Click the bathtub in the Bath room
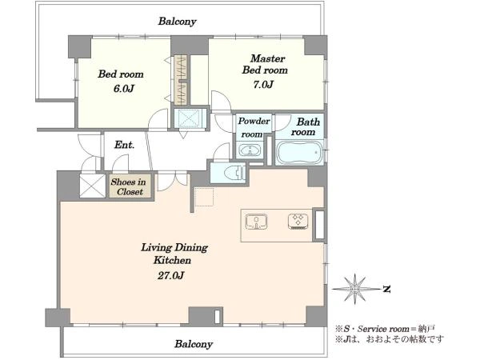299,153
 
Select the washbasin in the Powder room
250,150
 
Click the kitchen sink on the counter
256,222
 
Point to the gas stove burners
298,222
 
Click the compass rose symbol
355,289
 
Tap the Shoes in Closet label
129,186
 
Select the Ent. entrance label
124,145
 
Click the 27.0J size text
171,276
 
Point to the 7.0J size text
263,85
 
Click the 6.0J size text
124,89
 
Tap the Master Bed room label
265,64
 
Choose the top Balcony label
178,22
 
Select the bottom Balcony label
194,344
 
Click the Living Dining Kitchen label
174,254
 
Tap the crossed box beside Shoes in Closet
93,186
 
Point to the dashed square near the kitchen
204,197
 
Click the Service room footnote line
385,329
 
